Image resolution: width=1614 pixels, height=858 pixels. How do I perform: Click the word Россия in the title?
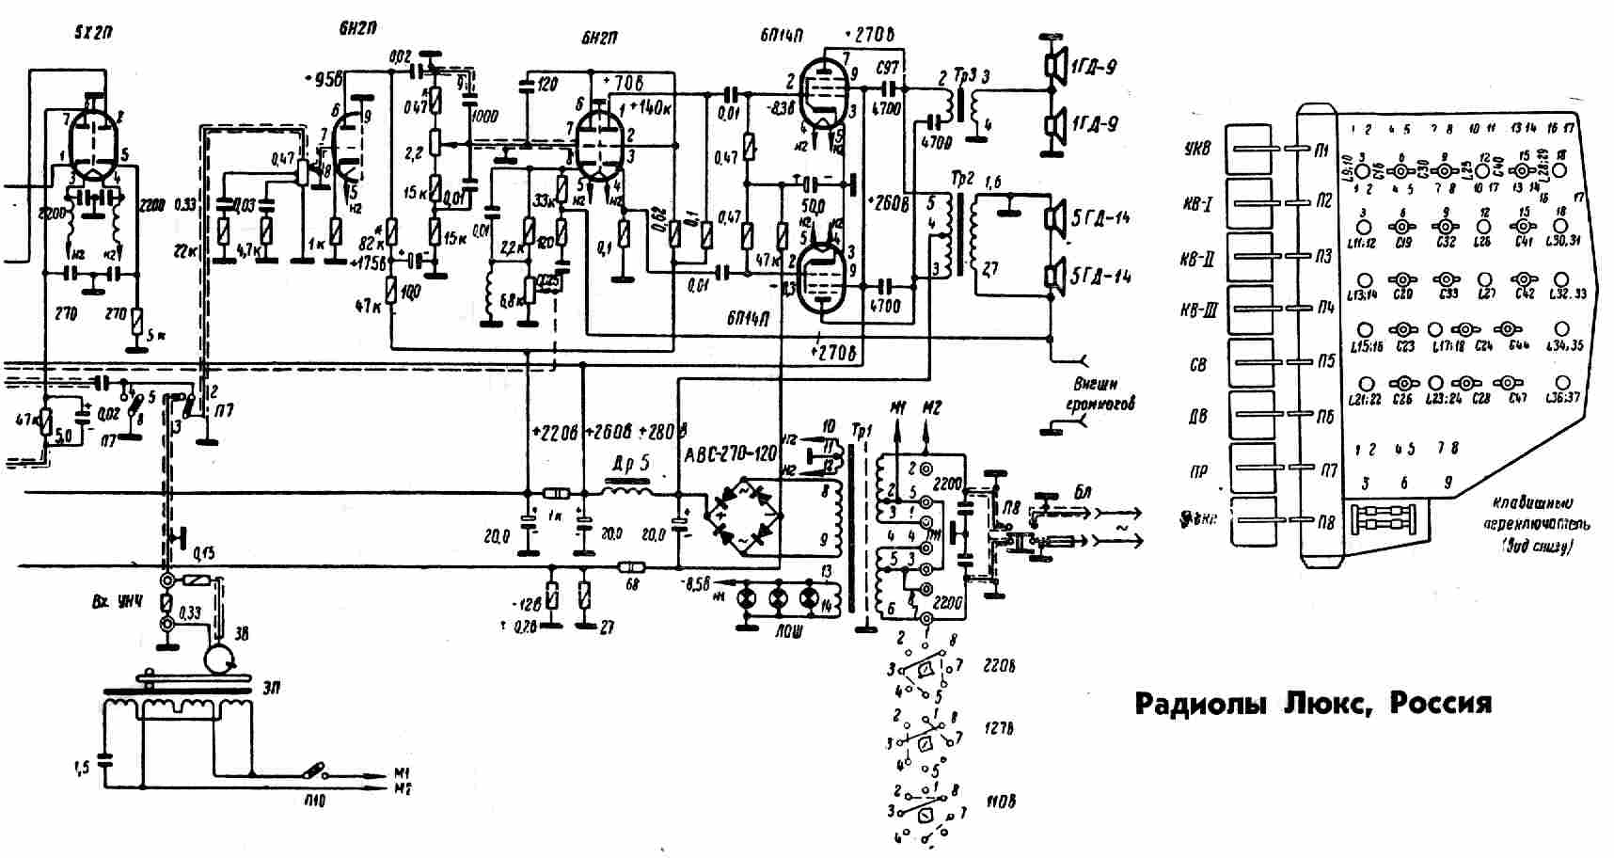1440,704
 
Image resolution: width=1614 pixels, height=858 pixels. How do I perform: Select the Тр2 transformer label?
963,179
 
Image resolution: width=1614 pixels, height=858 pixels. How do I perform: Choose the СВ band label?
1197,365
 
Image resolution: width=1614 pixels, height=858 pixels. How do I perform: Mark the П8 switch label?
1324,522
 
